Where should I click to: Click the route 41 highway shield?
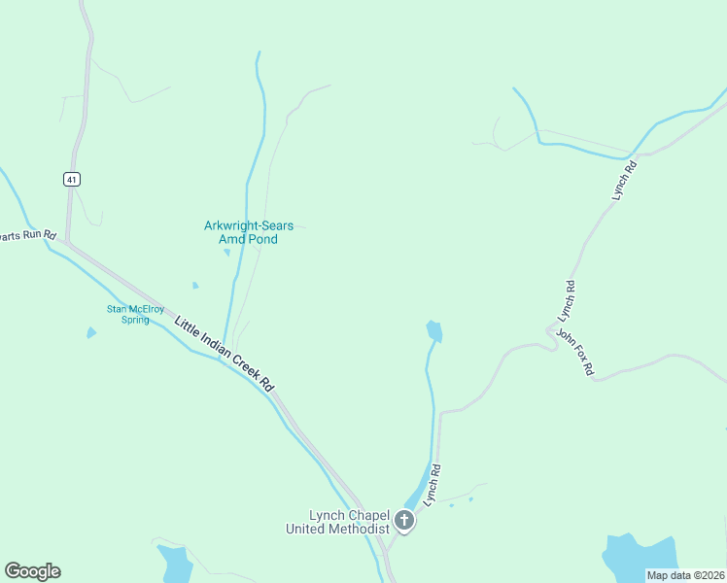pos(73,179)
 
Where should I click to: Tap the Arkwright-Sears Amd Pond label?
pos(248,232)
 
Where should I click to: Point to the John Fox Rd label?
pos(574,352)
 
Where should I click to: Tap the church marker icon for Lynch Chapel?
pos(404,522)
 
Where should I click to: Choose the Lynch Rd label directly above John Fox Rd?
pos(568,302)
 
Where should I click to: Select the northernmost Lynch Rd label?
pos(624,181)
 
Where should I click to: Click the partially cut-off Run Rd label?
pos(27,236)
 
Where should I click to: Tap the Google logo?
pos(32,571)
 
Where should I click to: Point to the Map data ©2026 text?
pos(685,575)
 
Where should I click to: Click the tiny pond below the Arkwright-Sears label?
pos(227,253)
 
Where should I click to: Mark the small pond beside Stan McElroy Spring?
pos(91,333)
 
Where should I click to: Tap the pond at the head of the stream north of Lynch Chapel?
pos(433,331)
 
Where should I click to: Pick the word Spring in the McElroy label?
pos(135,320)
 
